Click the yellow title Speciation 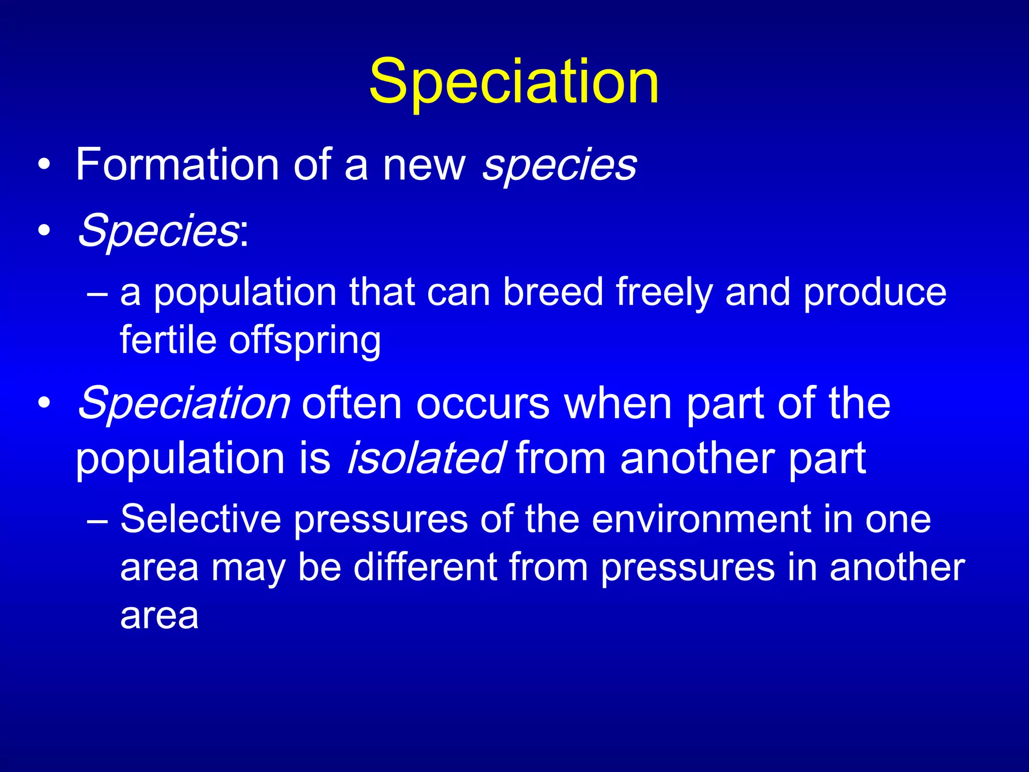click(513, 81)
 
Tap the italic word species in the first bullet click(559, 165)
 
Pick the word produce click(874, 293)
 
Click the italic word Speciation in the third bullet click(184, 404)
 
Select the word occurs click(483, 404)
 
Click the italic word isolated click(426, 457)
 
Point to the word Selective click(200, 518)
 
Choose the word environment click(701, 519)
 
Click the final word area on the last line click(159, 616)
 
